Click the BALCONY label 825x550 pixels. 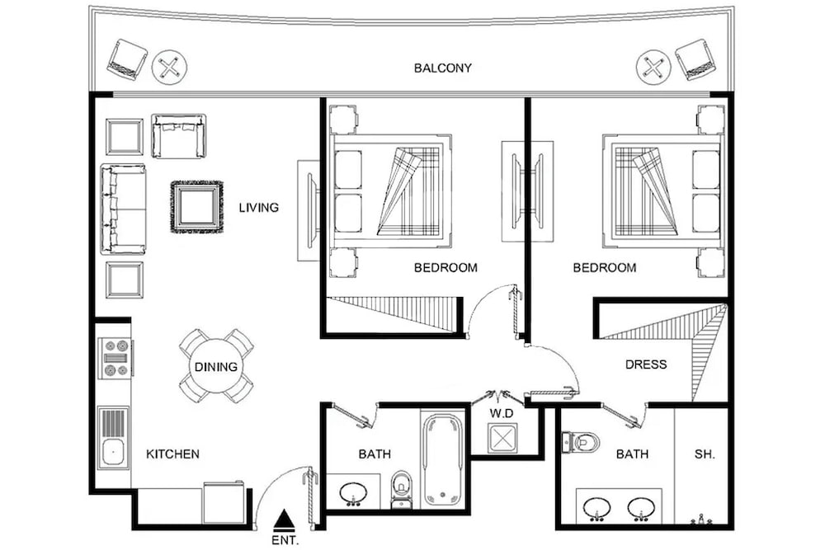click(x=442, y=68)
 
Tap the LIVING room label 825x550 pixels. click(x=259, y=208)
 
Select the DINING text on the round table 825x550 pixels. click(x=215, y=366)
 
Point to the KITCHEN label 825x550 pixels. click(x=172, y=454)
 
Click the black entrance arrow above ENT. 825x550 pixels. click(x=285, y=519)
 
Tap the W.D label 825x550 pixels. click(x=502, y=414)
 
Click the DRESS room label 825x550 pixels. click(x=646, y=364)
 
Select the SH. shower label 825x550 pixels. click(x=705, y=454)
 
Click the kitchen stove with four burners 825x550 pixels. click(x=115, y=358)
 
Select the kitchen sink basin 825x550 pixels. click(x=113, y=453)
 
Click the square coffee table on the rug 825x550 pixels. click(x=197, y=207)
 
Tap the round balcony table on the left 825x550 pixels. click(x=169, y=68)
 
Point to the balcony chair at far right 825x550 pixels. click(x=696, y=59)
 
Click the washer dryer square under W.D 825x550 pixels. click(x=502, y=438)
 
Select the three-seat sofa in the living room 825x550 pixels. click(x=123, y=209)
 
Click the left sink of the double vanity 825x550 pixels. click(x=597, y=509)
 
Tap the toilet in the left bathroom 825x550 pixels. click(x=401, y=489)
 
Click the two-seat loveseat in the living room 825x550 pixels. click(x=178, y=136)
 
